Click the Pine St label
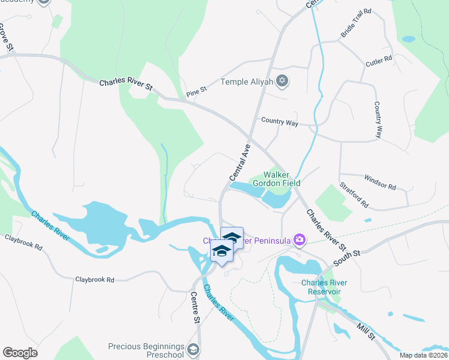coord(196,91)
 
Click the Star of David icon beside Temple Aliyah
coord(282,82)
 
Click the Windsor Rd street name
coord(380,182)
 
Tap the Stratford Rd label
coord(354,196)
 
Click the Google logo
coord(20,352)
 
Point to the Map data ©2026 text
coord(423,355)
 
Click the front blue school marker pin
coord(221,253)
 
